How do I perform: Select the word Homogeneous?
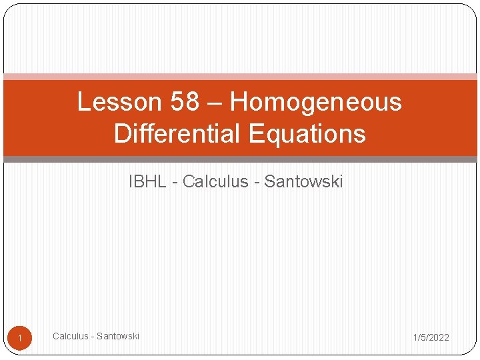[x=316, y=102]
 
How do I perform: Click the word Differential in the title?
[x=177, y=134]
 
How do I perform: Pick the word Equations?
[x=307, y=134]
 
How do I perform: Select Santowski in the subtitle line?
[x=303, y=181]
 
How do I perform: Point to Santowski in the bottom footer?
[x=118, y=336]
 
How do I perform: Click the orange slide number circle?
[x=20, y=339]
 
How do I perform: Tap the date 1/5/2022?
[x=431, y=337]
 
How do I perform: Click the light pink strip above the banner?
[x=240, y=77]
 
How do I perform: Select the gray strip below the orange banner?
[x=240, y=159]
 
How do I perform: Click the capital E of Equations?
[x=256, y=134]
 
